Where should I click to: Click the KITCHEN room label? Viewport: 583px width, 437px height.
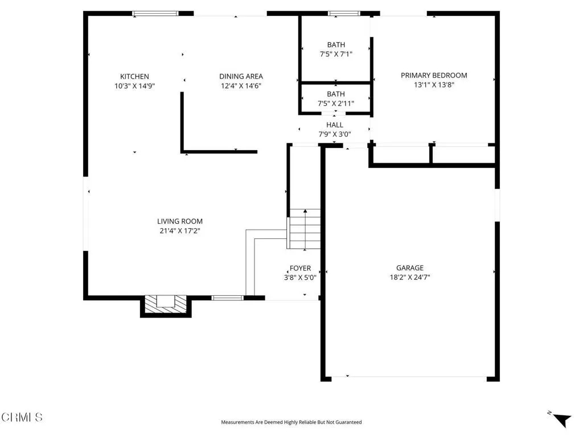click(134, 76)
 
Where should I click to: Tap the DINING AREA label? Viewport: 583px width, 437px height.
click(241, 76)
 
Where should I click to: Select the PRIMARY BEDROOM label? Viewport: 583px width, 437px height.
click(434, 75)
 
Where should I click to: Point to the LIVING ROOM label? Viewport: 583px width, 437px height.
click(180, 221)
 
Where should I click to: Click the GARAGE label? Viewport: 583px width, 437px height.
click(410, 268)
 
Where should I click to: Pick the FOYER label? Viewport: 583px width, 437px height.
click(300, 268)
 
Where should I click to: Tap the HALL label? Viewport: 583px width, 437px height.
click(334, 125)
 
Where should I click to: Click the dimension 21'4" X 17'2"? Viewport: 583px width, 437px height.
click(180, 231)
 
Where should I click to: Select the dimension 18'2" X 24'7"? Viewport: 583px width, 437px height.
click(410, 278)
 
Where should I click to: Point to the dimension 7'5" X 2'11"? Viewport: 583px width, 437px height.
click(336, 104)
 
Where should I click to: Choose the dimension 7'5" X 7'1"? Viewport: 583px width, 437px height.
click(336, 55)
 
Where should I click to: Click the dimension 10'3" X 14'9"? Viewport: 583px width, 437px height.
click(134, 86)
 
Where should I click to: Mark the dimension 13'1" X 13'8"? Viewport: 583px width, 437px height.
click(434, 85)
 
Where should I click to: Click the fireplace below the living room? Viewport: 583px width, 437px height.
click(166, 304)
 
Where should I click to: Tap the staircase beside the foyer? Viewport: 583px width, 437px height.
click(305, 229)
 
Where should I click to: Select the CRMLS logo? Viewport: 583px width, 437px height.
click(22, 418)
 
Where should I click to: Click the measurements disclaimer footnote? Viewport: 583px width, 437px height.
click(291, 422)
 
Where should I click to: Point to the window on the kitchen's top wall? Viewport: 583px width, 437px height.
click(155, 13)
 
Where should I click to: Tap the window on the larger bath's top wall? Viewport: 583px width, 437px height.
click(344, 13)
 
